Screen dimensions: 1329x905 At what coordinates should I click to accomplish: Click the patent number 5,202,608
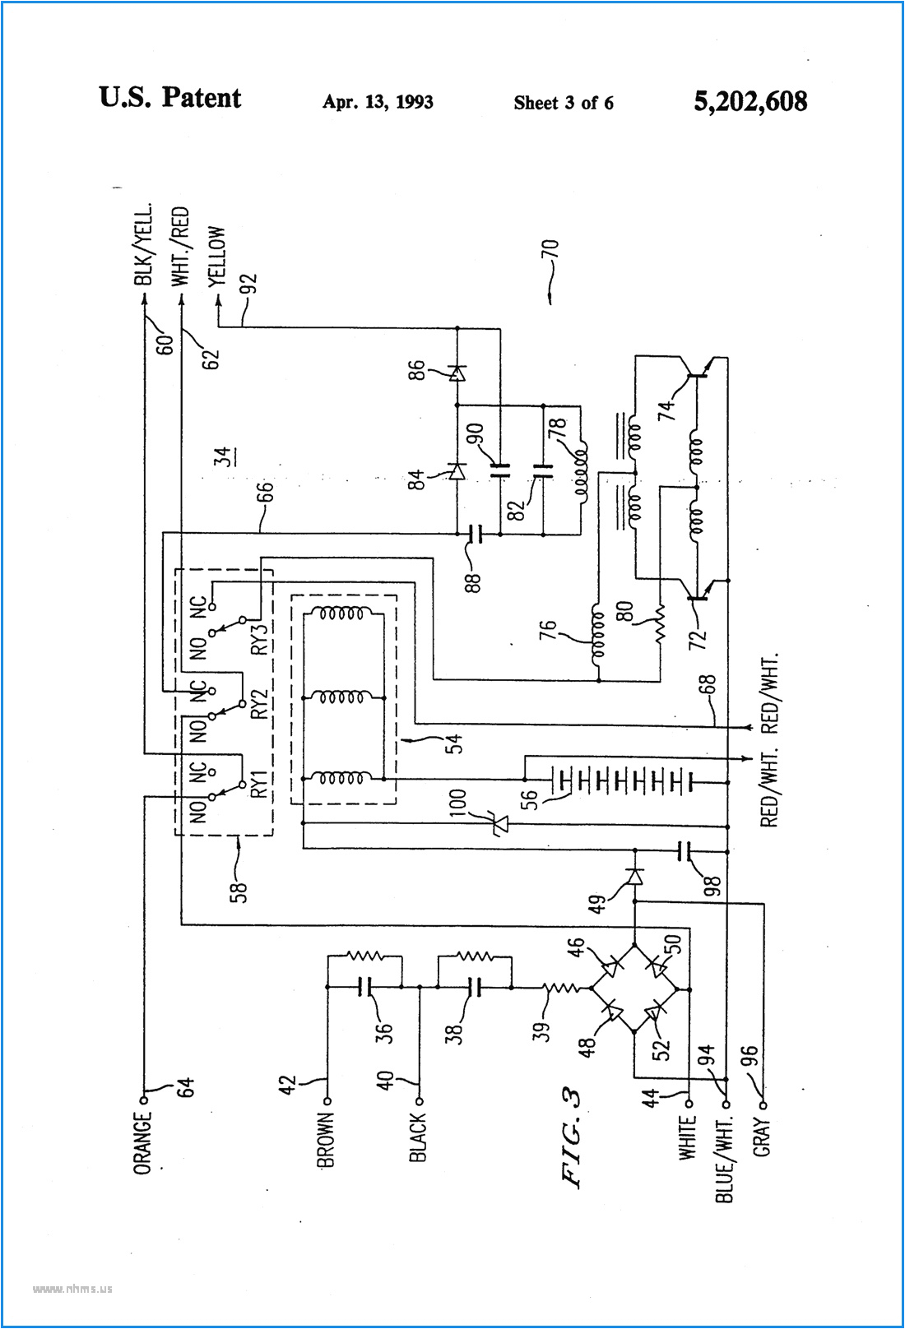750,102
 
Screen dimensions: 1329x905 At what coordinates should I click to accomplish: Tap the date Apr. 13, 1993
378,102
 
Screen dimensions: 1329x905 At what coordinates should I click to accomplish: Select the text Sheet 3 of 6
564,103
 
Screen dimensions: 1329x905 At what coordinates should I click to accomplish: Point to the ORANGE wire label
143,1143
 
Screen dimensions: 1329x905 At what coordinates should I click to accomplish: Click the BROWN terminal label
326,1141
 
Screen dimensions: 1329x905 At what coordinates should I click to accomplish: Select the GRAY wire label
762,1137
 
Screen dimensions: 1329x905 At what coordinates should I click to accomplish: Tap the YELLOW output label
217,257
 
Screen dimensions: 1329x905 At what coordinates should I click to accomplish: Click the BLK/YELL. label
144,244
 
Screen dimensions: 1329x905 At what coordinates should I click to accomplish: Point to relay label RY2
259,704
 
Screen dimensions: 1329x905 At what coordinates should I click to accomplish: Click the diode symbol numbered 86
457,373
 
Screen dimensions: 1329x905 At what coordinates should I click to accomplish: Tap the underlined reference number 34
223,457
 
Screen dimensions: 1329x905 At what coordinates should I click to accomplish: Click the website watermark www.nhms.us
72,1289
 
